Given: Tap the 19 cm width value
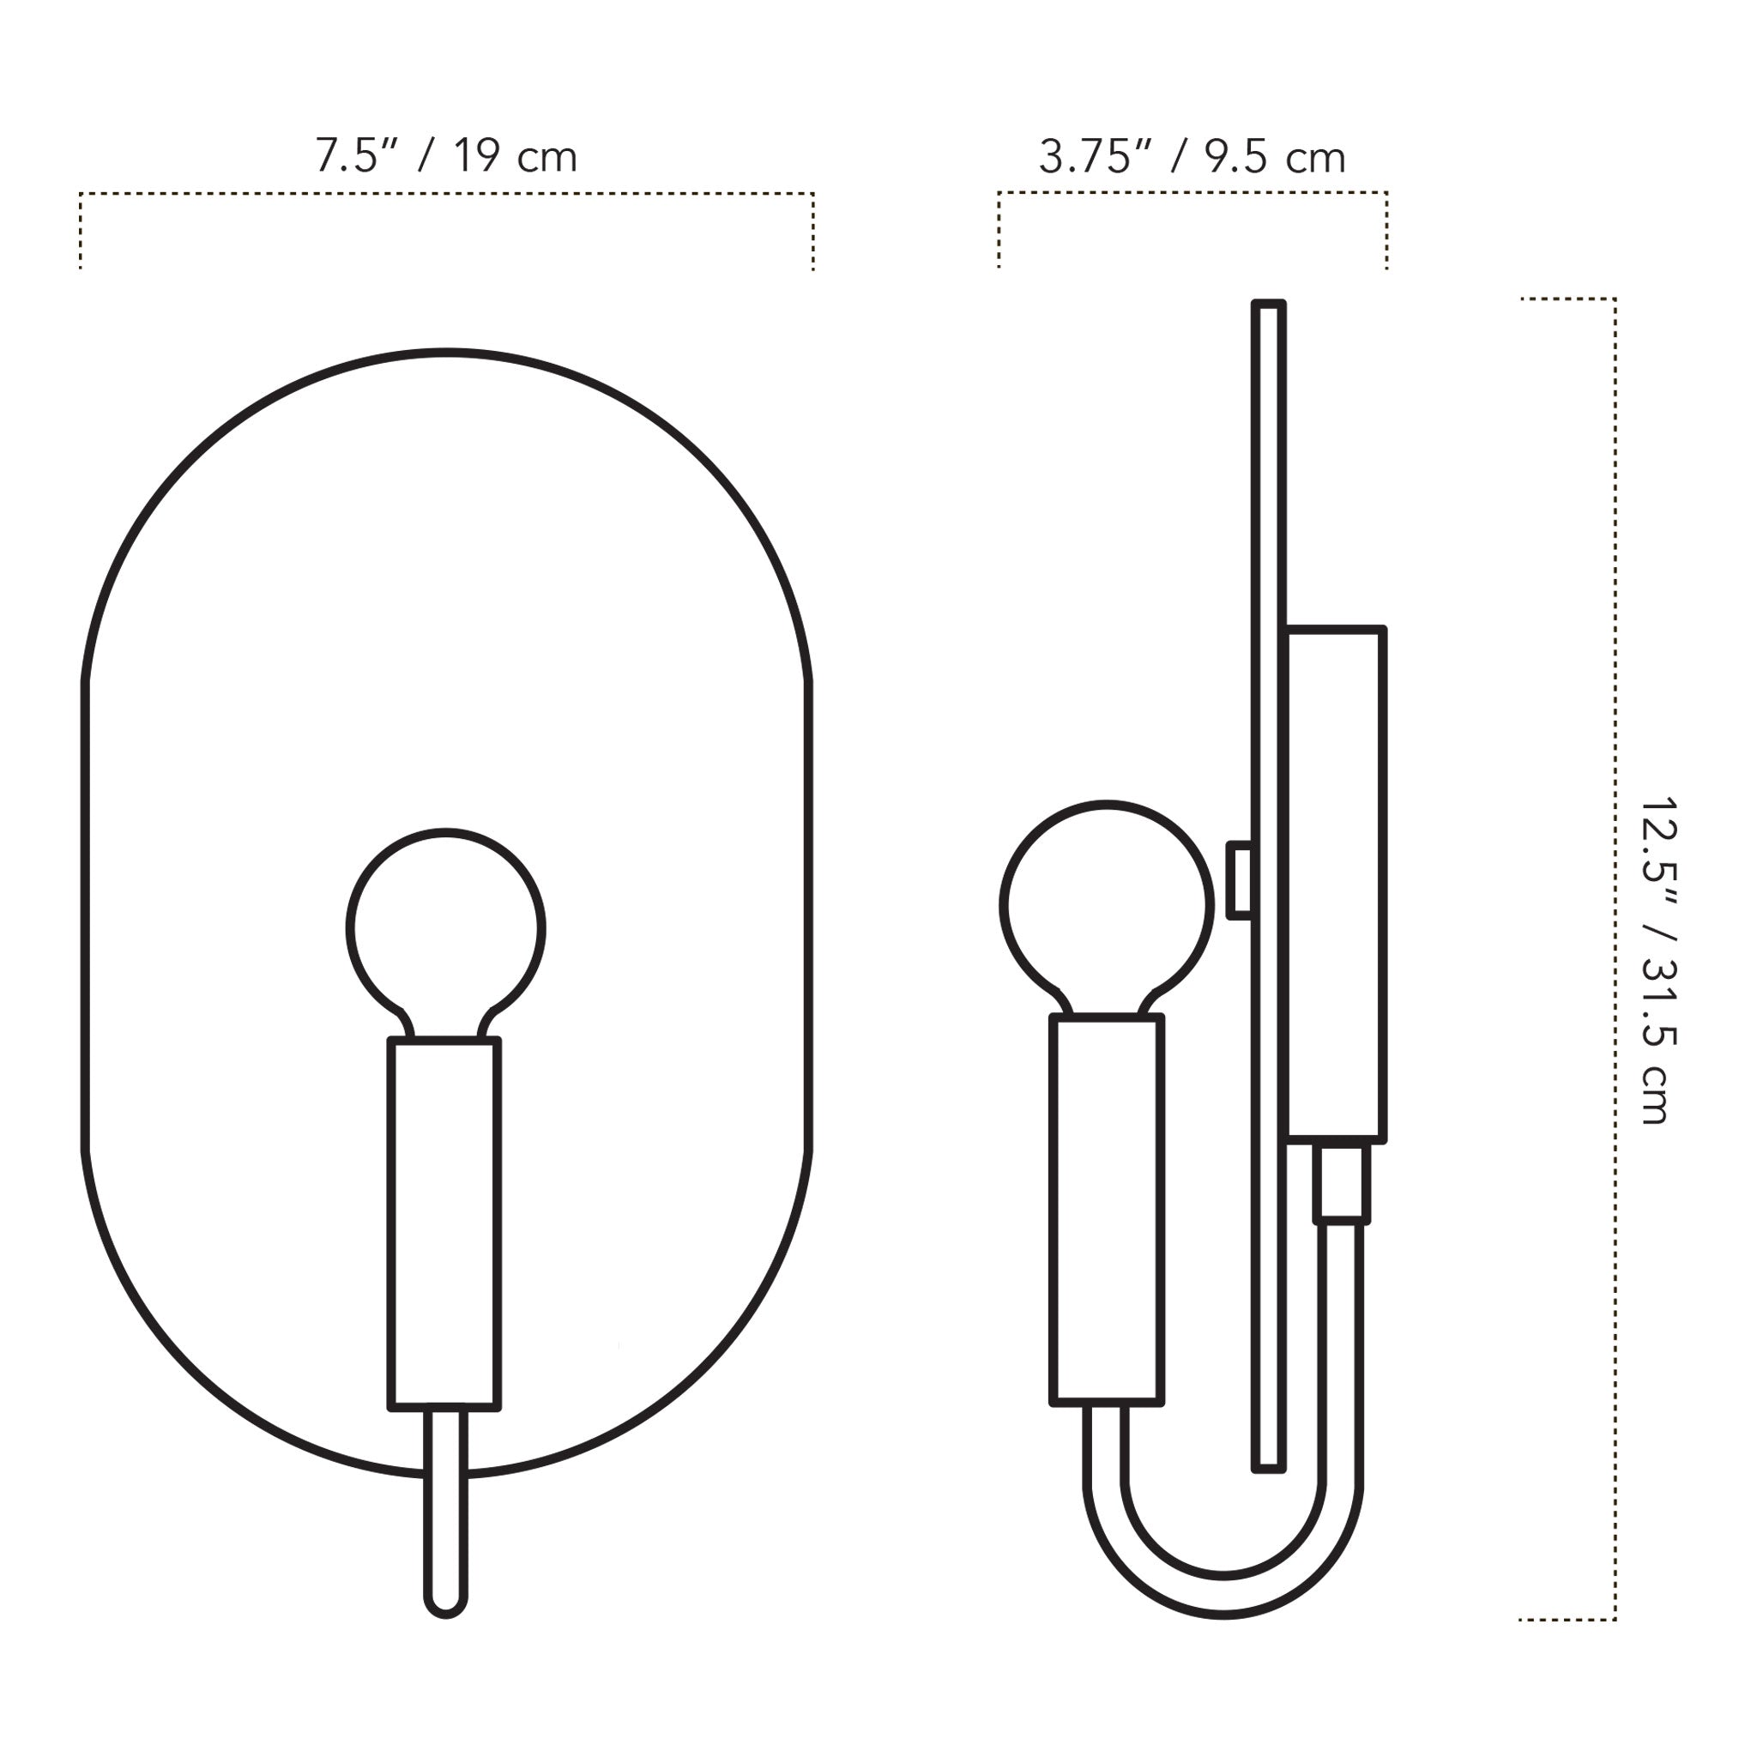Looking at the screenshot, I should click(x=515, y=155).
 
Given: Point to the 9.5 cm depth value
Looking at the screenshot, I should click(x=1275, y=157).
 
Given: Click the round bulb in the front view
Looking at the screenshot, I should click(x=445, y=927).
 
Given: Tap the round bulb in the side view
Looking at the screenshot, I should click(x=1106, y=904).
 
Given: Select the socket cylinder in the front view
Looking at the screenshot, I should click(x=444, y=1223).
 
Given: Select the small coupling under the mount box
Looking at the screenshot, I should click(x=1342, y=1183).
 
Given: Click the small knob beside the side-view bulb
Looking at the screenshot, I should click(x=1240, y=880).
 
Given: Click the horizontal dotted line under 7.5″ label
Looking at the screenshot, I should click(x=445, y=194).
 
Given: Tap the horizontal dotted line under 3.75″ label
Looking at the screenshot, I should click(x=1192, y=193).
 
